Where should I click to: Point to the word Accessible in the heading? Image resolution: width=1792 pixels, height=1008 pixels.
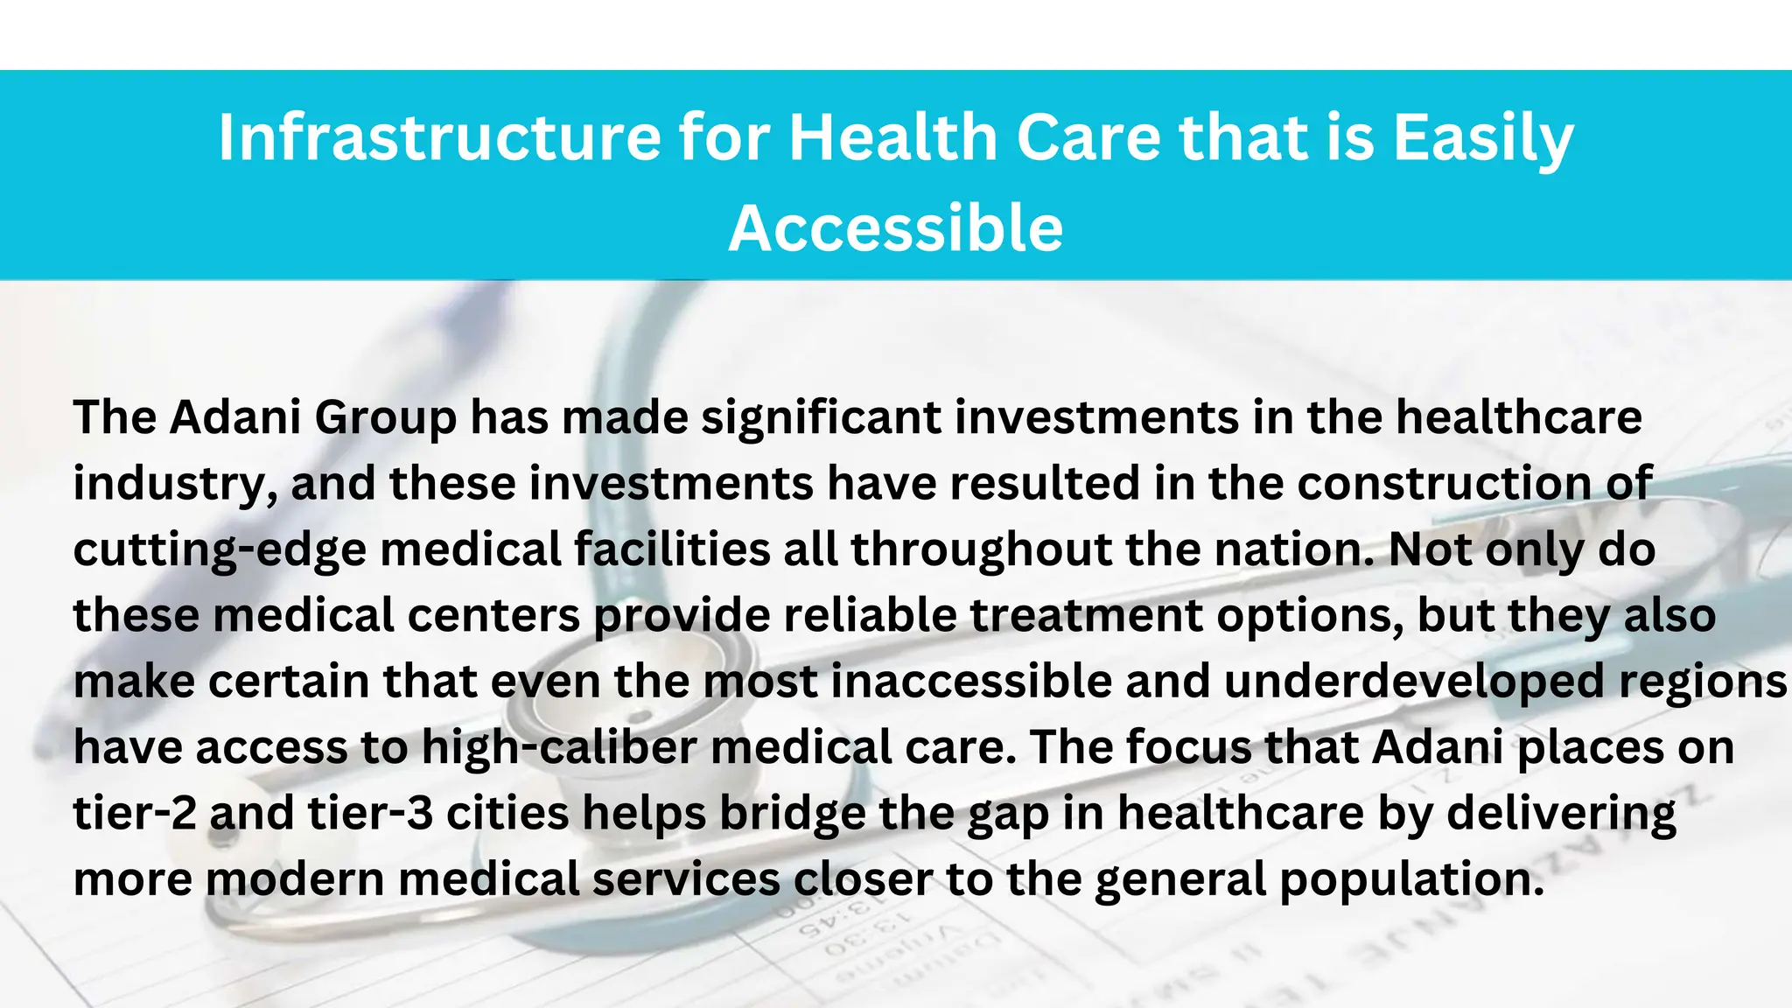(x=896, y=228)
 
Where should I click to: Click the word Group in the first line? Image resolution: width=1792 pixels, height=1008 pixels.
(x=385, y=419)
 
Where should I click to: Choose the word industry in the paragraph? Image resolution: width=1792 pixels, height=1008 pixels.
(x=170, y=485)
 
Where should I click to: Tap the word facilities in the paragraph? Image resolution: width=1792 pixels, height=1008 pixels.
(x=672, y=550)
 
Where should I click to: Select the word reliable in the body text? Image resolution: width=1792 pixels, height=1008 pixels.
(x=870, y=615)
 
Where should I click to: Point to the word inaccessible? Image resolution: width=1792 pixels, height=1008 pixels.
(x=971, y=682)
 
